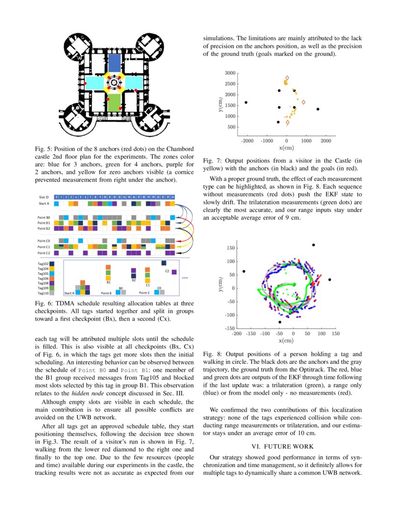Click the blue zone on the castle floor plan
pos(114,63)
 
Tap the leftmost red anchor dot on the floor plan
pos(85,83)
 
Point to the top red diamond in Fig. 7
pos(287,78)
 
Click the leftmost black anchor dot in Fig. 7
pos(246,102)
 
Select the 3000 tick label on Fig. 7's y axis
pos(230,73)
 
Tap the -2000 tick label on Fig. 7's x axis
pos(247,140)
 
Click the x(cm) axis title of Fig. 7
pos(286,148)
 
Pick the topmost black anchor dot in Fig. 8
pos(313,245)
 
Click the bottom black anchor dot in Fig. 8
pos(280,322)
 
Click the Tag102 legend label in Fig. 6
pos(43,264)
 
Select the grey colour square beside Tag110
pos(52,293)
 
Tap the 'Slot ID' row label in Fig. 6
pos(44,197)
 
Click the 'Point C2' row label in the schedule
pos(44,253)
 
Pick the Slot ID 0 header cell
pos(57,197)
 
